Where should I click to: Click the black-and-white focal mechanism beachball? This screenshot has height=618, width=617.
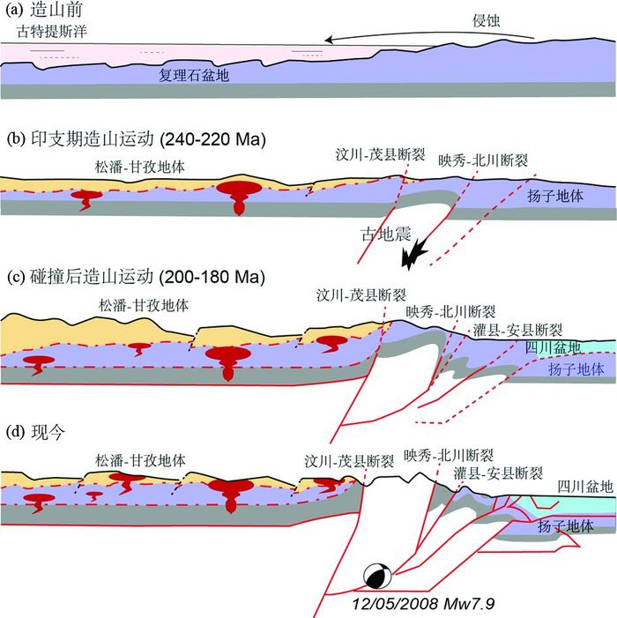tap(376, 577)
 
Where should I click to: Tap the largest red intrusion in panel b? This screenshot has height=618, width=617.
tap(235, 197)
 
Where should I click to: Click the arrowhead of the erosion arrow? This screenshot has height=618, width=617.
tap(327, 39)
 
